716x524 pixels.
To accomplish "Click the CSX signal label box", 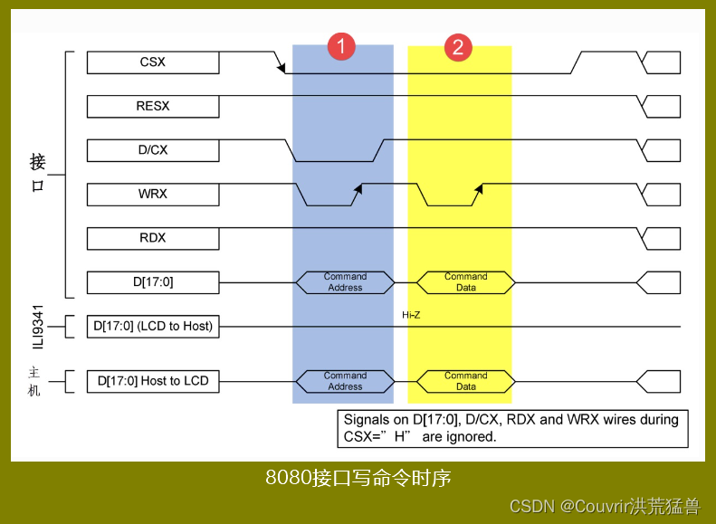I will point(153,62).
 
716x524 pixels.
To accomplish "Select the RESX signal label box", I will point(153,106).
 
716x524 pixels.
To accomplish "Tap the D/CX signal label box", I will point(153,150).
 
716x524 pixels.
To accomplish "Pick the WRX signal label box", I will point(153,194).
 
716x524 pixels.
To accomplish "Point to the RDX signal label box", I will point(153,238).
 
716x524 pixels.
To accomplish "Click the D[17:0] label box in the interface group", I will point(153,282).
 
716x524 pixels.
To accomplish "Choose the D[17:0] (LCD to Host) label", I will point(153,326).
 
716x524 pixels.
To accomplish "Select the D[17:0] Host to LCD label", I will point(153,381).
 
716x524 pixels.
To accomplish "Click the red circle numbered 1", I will point(341,47).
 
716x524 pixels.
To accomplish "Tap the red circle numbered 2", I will point(458,47).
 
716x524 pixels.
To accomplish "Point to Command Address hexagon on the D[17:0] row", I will point(345,282).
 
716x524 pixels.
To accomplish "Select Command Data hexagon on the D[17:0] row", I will point(465,282).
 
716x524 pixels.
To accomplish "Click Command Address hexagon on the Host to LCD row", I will point(345,381).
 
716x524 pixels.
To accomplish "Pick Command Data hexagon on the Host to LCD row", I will point(465,381).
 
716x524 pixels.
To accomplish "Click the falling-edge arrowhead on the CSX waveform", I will point(282,68).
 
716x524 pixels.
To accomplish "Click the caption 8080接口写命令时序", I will point(358,477).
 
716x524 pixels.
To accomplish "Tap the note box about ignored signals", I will point(512,428).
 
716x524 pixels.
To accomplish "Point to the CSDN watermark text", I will point(605,506).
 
